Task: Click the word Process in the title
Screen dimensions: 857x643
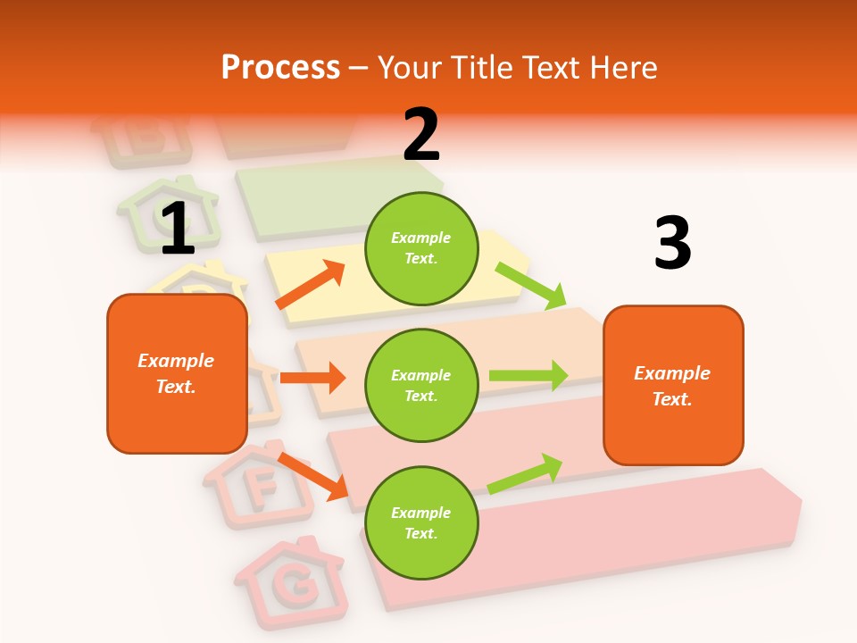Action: [x=280, y=67]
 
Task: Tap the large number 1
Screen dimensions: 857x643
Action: [x=178, y=230]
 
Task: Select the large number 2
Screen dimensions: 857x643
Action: [x=421, y=135]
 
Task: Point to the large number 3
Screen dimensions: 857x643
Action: [x=672, y=243]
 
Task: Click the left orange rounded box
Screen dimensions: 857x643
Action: [x=177, y=373]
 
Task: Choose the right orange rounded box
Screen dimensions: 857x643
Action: [x=673, y=385]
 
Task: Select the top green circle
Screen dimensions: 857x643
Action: [x=421, y=248]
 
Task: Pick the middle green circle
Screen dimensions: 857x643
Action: [x=421, y=385]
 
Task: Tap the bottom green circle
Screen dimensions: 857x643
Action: [x=421, y=522]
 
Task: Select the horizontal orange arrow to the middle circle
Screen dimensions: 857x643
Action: [x=312, y=378]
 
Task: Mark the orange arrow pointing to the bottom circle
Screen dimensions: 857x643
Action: [x=313, y=476]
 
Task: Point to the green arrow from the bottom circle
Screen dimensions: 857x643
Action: [x=526, y=473]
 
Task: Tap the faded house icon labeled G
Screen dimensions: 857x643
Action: [x=291, y=581]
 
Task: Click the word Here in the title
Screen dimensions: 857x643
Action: [x=622, y=67]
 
